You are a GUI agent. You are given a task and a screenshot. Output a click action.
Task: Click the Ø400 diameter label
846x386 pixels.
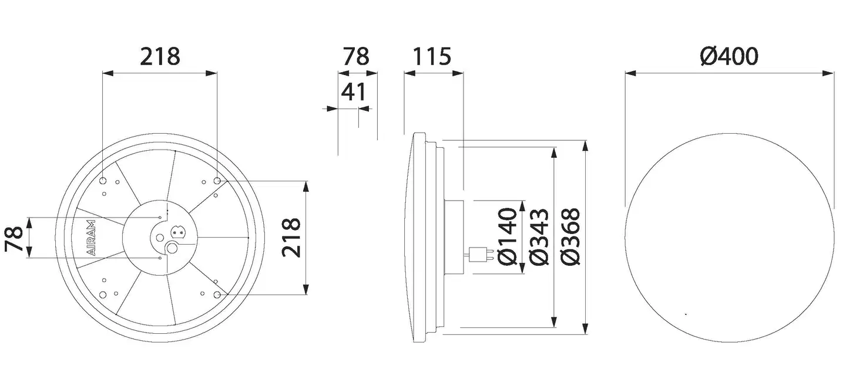pos(729,56)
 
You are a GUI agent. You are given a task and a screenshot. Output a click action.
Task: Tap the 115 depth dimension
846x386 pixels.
pos(432,56)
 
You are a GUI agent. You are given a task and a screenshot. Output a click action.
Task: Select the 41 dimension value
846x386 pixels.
pos(354,92)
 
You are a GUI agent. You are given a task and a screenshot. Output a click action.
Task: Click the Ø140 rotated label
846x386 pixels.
pos(507,236)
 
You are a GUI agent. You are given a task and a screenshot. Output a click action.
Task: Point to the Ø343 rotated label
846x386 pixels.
pos(539,236)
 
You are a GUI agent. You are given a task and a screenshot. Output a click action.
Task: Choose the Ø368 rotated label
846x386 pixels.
pos(570,236)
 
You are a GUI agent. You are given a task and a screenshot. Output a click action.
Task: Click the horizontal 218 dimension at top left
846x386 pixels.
pos(160,56)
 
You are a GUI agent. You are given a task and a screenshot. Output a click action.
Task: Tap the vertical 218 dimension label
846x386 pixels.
pos(291,238)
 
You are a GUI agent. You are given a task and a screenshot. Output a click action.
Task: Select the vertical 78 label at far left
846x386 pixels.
pos(14,239)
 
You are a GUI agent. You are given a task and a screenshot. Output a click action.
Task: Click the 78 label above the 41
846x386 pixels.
pos(356,56)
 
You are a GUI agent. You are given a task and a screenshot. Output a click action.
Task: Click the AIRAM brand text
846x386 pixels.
pos(91,238)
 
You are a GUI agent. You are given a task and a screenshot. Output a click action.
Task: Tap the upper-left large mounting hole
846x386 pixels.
pos(103,181)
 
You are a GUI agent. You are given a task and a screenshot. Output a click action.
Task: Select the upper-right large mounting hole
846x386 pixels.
pos(217,181)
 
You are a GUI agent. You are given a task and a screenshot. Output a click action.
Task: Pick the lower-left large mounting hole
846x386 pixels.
pos(103,294)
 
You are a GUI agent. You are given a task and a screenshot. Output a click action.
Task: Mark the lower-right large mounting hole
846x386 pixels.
pos(217,294)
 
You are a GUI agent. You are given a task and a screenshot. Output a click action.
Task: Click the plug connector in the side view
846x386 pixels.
pos(480,254)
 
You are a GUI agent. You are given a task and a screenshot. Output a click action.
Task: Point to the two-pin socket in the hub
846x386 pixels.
pos(179,231)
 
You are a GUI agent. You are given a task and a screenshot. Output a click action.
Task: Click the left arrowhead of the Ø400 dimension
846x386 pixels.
pos(630,73)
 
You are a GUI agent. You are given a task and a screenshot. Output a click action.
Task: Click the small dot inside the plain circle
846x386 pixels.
pos(686,314)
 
